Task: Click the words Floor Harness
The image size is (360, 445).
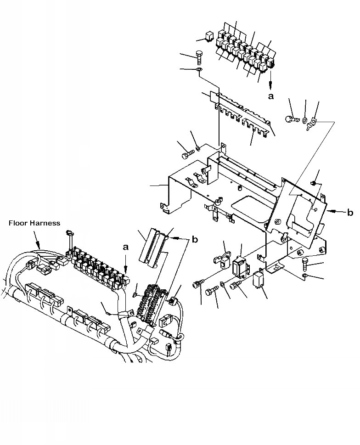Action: pyautogui.click(x=34, y=223)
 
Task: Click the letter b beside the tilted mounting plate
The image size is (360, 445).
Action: pyautogui.click(x=350, y=212)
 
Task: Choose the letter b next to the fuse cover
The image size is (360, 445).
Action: pyautogui.click(x=195, y=240)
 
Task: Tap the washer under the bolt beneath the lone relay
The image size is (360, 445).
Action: pyautogui.click(x=198, y=70)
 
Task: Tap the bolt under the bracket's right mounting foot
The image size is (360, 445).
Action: pyautogui.click(x=306, y=264)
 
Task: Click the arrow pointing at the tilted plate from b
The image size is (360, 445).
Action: pyautogui.click(x=335, y=212)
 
